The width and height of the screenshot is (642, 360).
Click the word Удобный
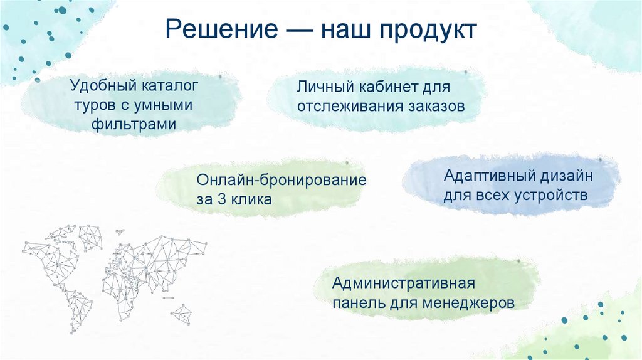(103, 83)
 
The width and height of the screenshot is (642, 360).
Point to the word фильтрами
(132, 124)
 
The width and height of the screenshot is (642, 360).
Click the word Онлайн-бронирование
(282, 179)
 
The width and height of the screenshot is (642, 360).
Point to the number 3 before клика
(227, 200)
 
